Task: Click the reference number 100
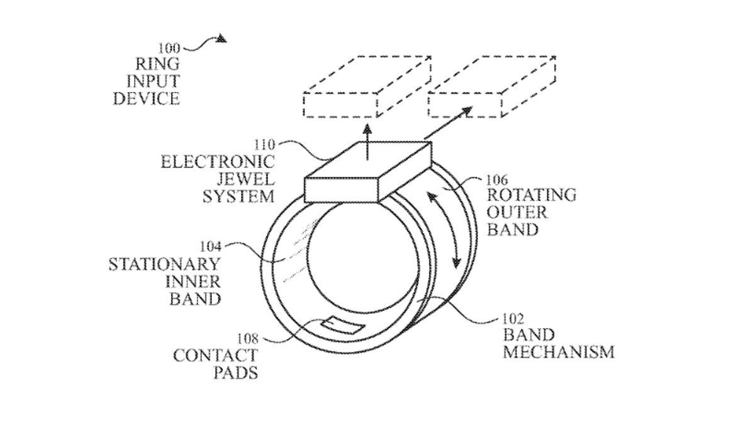(x=169, y=48)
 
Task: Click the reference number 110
(x=265, y=145)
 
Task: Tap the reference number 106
(x=497, y=180)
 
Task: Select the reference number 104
(x=211, y=247)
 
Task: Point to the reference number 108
(x=247, y=338)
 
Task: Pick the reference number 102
(x=513, y=319)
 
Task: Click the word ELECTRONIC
(x=218, y=162)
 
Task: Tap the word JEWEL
(x=246, y=179)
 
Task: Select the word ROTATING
(x=532, y=195)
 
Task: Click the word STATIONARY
(x=165, y=264)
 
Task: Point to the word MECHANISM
(x=559, y=352)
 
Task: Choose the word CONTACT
(x=216, y=356)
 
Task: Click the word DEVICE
(x=147, y=98)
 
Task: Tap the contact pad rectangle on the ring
(x=343, y=325)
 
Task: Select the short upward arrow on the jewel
(x=367, y=142)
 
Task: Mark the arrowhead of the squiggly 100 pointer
(x=221, y=39)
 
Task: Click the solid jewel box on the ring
(x=367, y=172)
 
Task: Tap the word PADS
(x=236, y=373)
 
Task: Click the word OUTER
(x=517, y=213)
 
